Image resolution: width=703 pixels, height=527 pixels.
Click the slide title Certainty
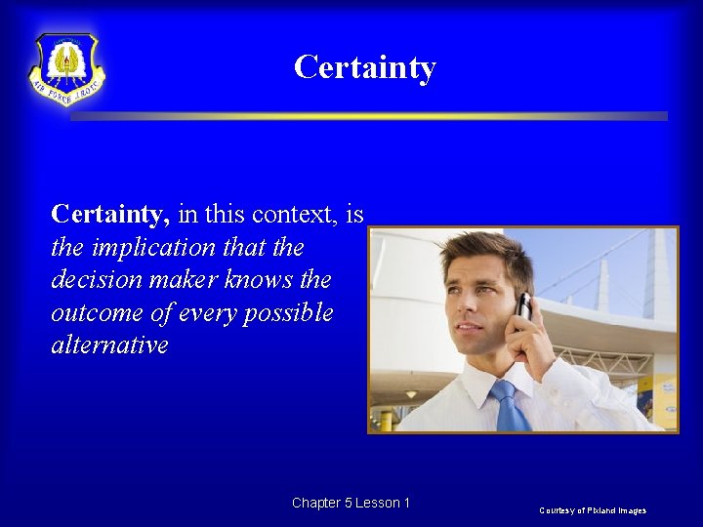[364, 67]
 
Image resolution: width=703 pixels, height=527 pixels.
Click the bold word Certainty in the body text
[110, 214]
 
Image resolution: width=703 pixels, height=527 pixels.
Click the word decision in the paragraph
[95, 281]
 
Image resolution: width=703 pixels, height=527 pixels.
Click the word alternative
[109, 346]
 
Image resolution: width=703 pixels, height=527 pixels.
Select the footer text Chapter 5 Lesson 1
[351, 503]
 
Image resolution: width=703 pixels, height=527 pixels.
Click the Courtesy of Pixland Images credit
[592, 510]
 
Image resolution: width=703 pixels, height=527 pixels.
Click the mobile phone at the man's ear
[523, 306]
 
